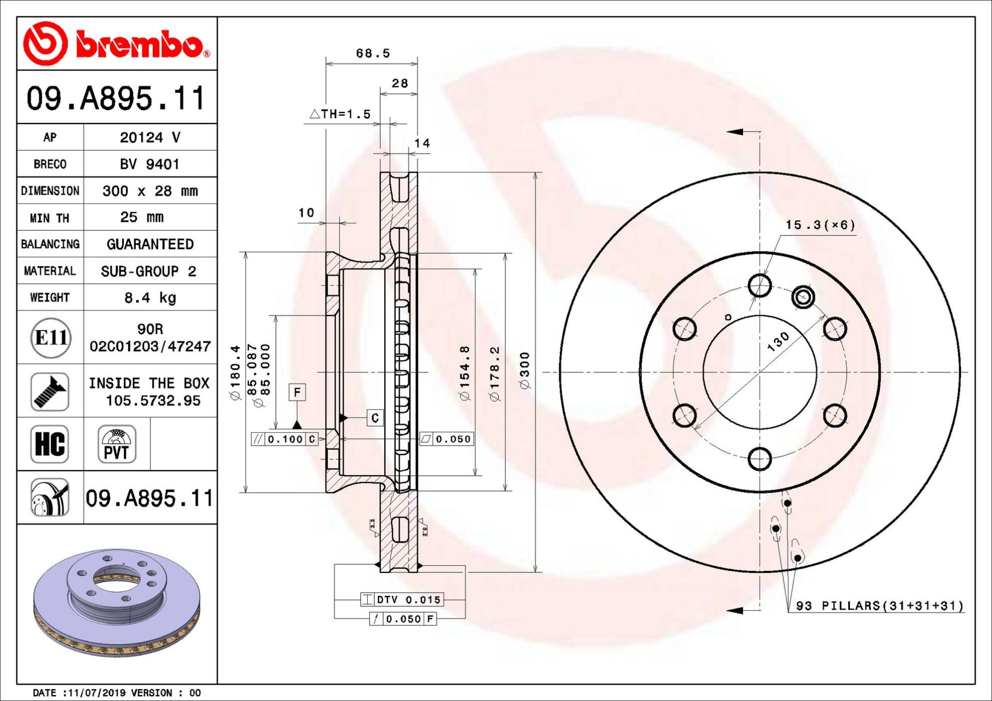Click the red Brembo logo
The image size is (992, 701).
(x=117, y=44)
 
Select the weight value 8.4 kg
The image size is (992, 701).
(x=150, y=298)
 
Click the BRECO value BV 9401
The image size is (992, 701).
(x=149, y=164)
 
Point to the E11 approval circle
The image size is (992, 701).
(x=51, y=337)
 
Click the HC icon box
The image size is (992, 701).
(x=50, y=444)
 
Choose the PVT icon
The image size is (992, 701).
(x=117, y=444)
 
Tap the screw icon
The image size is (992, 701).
(x=50, y=391)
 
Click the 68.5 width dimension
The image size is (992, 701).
(x=373, y=53)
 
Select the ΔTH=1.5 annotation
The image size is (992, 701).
(x=340, y=114)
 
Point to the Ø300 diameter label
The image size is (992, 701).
(x=525, y=371)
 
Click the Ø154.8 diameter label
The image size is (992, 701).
(x=465, y=373)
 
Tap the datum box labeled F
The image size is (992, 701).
(x=297, y=393)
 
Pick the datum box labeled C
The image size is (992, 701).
(x=375, y=418)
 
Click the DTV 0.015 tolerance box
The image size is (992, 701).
(x=402, y=599)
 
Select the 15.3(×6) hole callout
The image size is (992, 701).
(x=820, y=225)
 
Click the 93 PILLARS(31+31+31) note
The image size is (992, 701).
(x=880, y=606)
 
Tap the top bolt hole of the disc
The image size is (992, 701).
(x=760, y=285)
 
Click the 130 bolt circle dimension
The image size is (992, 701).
(x=778, y=342)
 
